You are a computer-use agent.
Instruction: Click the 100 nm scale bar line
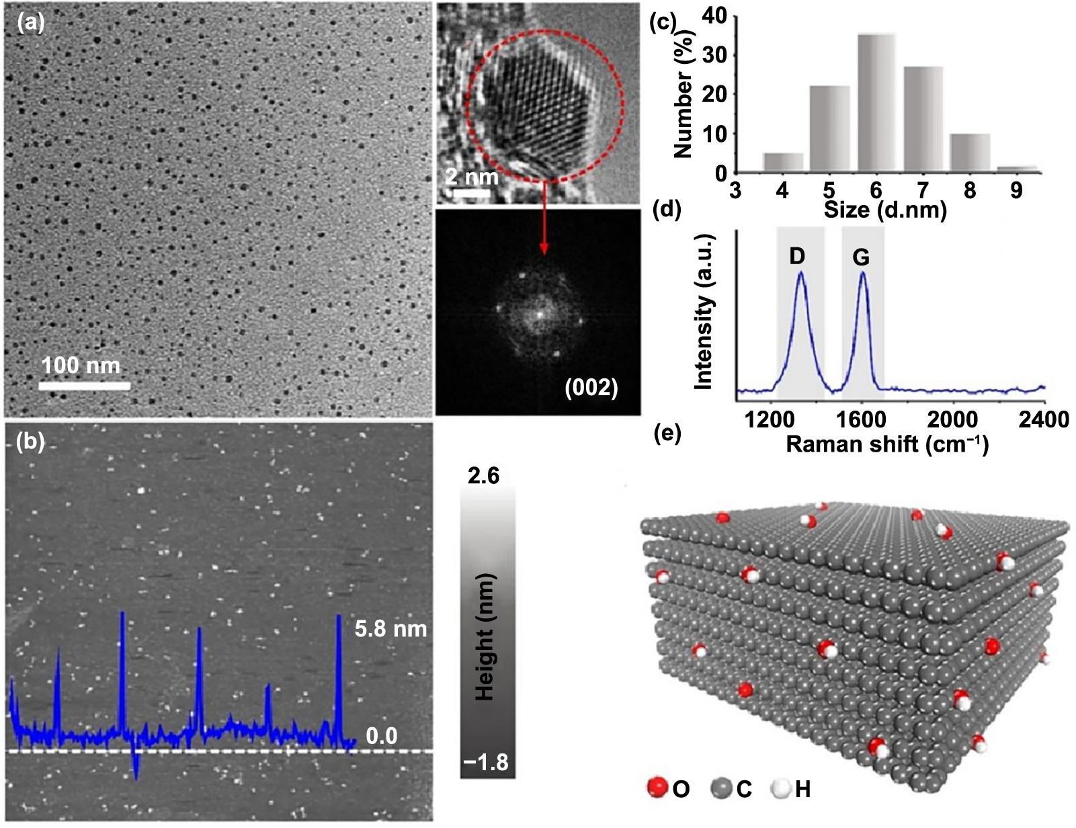[x=84, y=386]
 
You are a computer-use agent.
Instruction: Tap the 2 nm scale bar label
[x=472, y=177]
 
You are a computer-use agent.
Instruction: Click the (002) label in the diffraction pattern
[x=591, y=388]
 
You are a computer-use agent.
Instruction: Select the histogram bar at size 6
[x=876, y=102]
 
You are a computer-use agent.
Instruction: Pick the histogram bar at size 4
[x=783, y=162]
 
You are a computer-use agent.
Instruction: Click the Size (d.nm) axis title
[x=885, y=210]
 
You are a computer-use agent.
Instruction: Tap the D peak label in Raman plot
[x=797, y=256]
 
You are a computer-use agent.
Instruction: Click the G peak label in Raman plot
[x=861, y=257]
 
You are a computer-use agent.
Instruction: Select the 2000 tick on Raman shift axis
[x=952, y=419]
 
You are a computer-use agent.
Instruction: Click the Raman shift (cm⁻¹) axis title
[x=886, y=444]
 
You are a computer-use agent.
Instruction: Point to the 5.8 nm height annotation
[x=390, y=629]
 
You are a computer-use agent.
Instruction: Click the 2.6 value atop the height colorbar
[x=484, y=477]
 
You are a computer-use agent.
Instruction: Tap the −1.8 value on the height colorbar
[x=485, y=763]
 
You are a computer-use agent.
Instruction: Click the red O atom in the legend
[x=658, y=787]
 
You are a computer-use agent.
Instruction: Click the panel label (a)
[x=31, y=24]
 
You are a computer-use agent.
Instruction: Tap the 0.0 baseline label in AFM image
[x=381, y=736]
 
